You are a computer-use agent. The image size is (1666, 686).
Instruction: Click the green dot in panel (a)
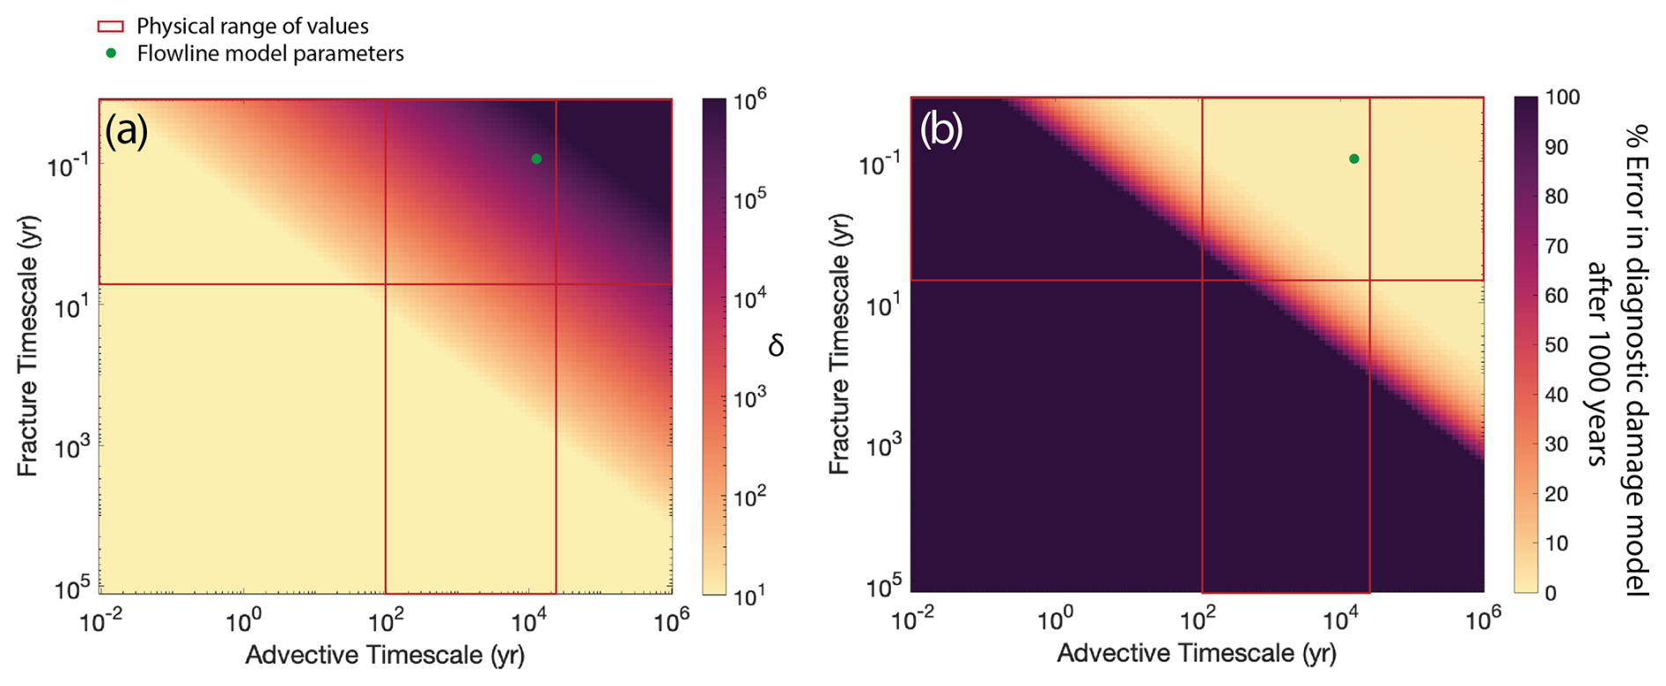pyautogui.click(x=536, y=159)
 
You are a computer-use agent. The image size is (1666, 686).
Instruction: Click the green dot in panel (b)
pyautogui.click(x=1354, y=159)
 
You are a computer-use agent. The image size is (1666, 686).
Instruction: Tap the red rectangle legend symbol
pyautogui.click(x=110, y=26)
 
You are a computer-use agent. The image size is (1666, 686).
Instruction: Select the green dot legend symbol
pyautogui.click(x=111, y=54)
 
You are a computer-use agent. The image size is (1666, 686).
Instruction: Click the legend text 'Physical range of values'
pyautogui.click(x=252, y=26)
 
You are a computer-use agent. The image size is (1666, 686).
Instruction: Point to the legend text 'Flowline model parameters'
pyautogui.click(x=270, y=54)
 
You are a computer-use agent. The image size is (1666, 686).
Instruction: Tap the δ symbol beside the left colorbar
pyautogui.click(x=776, y=346)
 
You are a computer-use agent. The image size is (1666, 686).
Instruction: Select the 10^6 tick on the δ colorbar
pyautogui.click(x=750, y=103)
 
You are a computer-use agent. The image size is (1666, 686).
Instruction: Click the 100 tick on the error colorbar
pyautogui.click(x=1563, y=98)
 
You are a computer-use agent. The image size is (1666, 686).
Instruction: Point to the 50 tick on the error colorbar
pyautogui.click(x=1558, y=345)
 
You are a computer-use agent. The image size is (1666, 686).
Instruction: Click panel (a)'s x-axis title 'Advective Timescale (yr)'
pyautogui.click(x=385, y=655)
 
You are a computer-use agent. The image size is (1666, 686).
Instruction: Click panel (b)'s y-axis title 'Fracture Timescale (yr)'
pyautogui.click(x=839, y=344)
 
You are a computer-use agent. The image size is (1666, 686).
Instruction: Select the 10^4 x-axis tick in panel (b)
pyautogui.click(x=1339, y=621)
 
